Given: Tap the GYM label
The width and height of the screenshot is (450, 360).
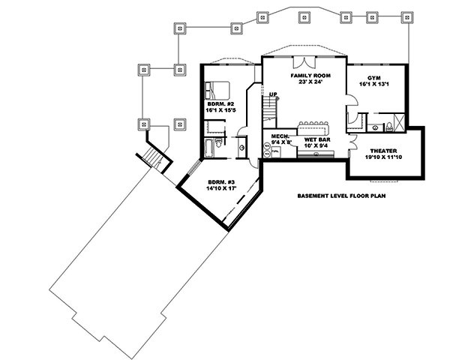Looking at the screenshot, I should [374, 78].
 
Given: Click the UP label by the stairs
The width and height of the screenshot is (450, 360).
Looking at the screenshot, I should [274, 94].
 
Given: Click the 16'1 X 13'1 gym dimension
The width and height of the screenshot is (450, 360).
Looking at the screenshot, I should [374, 85].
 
